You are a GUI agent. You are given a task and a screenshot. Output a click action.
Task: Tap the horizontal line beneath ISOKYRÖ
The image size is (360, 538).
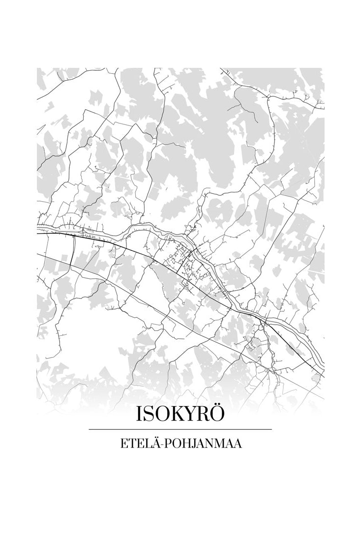point(180,429)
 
